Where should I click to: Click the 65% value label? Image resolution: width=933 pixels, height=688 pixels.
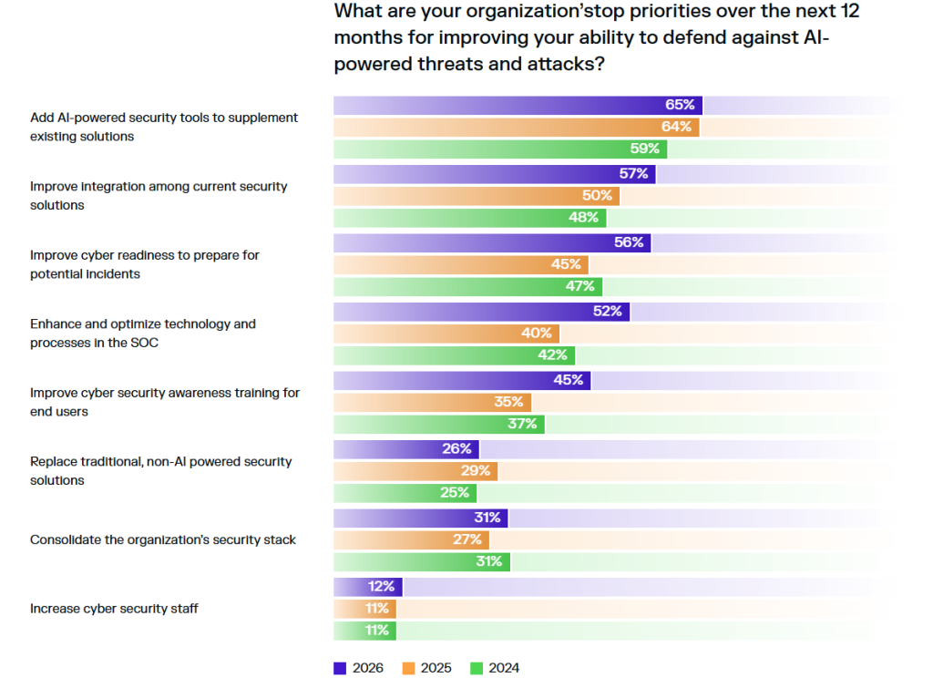point(680,105)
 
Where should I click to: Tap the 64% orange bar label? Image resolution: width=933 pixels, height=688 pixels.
point(676,127)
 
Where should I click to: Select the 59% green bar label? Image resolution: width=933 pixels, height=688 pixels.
point(645,149)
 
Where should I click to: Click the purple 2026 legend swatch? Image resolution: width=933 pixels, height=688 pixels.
point(340,668)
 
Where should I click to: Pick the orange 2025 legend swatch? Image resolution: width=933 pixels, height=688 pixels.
point(407,668)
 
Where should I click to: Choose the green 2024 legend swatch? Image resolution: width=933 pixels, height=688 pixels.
point(475,668)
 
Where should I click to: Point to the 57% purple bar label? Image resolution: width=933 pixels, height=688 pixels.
point(633,173)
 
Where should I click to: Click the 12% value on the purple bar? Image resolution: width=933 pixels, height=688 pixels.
point(381,586)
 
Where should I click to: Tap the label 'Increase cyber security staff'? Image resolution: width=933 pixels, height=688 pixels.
point(114,608)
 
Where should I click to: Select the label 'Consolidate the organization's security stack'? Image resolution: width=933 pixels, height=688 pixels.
point(163,539)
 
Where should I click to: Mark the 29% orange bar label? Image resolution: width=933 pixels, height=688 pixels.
point(476,470)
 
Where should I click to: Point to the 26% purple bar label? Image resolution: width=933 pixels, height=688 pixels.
point(456,448)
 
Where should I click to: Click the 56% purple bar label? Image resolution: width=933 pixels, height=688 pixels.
point(629,242)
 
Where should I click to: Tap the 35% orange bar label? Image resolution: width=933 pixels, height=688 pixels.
point(508,402)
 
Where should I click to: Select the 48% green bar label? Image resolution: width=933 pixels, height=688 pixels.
point(584,218)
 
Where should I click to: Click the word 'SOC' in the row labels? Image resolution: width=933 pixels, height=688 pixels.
point(146,343)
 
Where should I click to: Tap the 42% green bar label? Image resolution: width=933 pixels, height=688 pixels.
point(552,355)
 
